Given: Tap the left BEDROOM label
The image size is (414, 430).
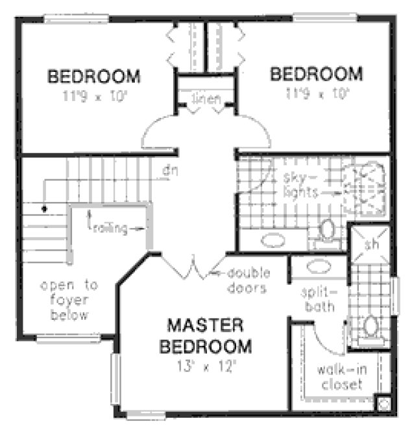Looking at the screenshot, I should (x=93, y=76).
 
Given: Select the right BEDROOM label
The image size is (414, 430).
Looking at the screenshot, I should (x=315, y=73).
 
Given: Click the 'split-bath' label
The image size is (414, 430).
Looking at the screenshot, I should (x=317, y=300).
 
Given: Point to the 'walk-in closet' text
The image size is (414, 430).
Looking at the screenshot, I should (x=339, y=377).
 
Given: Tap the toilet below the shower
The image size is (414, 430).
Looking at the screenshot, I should (x=371, y=327).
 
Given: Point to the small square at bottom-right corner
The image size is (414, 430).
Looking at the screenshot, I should (x=383, y=403).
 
